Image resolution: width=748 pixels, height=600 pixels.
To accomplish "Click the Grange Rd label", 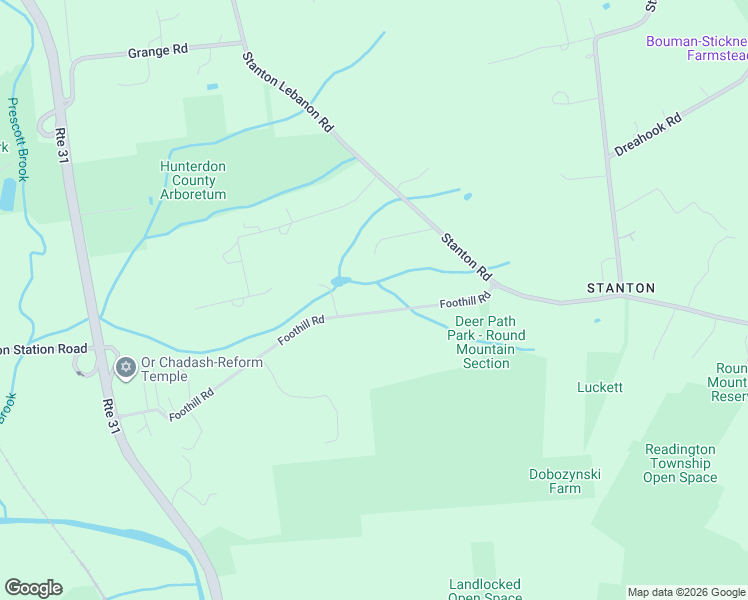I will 158,51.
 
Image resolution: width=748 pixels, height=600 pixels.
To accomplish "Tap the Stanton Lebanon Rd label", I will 289,92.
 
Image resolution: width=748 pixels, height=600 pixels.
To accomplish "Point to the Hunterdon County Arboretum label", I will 193,180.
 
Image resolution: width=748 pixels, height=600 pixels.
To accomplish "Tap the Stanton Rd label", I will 467,256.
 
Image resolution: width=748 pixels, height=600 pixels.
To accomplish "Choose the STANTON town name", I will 620,288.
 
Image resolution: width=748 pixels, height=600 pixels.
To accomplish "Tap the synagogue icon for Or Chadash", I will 125,368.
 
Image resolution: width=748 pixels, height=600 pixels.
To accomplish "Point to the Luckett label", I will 600,387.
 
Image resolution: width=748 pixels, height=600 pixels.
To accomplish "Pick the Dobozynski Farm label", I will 565,481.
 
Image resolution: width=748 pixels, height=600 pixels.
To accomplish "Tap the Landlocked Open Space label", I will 485,590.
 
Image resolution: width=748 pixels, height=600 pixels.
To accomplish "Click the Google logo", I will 33,587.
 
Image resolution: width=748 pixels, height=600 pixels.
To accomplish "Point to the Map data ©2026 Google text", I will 686,592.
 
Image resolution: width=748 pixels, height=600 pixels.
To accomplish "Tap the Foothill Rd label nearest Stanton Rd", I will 465,300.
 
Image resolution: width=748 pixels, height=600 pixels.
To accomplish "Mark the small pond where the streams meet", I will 340,282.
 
